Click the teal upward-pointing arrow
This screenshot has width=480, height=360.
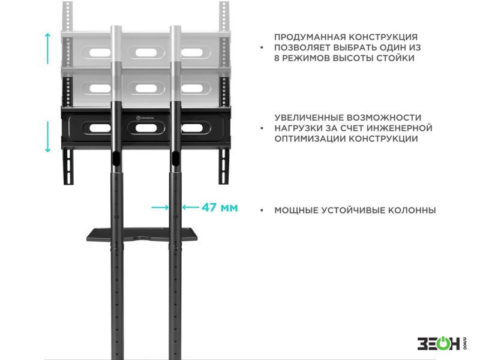(x=47, y=49)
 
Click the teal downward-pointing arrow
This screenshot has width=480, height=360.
(x=47, y=137)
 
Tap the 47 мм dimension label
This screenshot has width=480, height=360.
(x=220, y=208)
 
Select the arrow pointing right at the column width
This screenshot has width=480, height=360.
(x=160, y=208)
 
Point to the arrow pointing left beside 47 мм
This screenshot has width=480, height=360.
(x=190, y=208)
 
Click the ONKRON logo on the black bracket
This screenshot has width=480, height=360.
(x=145, y=118)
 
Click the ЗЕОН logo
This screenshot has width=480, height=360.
(x=442, y=343)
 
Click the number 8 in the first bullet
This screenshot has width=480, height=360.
(x=277, y=58)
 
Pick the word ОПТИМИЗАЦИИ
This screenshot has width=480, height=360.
(x=310, y=139)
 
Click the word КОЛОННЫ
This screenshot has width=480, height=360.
(x=412, y=211)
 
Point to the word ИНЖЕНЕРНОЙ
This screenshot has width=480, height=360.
(x=400, y=128)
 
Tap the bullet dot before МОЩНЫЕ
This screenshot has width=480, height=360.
(x=262, y=211)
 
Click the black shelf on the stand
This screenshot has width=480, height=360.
(x=142, y=235)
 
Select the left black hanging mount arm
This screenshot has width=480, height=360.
(x=68, y=166)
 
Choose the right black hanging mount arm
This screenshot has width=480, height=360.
(x=224, y=166)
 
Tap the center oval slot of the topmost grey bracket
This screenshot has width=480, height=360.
(x=146, y=52)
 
